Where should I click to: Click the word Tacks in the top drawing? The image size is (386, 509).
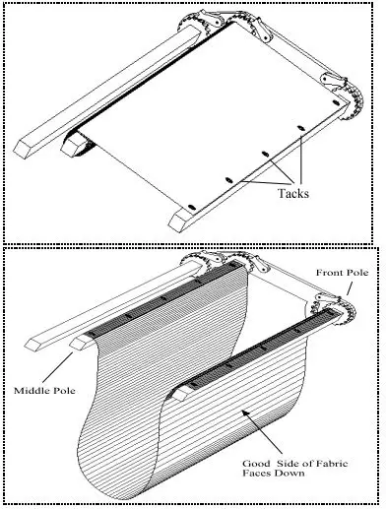[x=292, y=194]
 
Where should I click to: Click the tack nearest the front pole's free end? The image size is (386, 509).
[x=191, y=202]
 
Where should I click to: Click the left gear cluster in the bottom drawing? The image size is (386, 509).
[x=202, y=264]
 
